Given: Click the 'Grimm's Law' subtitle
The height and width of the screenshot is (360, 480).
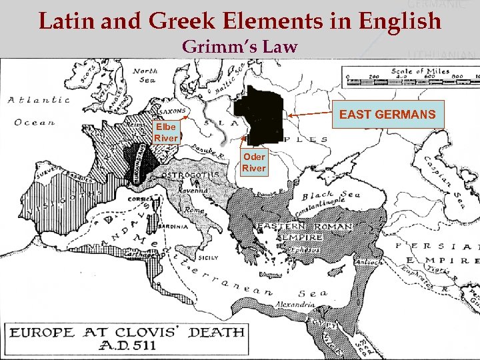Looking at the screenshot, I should click(x=239, y=47).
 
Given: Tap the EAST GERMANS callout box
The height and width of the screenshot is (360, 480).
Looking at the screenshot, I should click(x=387, y=115).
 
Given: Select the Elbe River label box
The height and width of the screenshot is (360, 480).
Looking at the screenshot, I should click(x=166, y=132).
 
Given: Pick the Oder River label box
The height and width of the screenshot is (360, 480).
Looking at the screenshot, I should click(x=253, y=163).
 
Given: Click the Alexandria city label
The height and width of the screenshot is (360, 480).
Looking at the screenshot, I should click(x=295, y=305).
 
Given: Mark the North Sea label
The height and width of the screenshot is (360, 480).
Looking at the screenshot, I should click(x=144, y=75).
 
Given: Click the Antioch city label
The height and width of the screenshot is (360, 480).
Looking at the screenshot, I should click(x=370, y=262).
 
